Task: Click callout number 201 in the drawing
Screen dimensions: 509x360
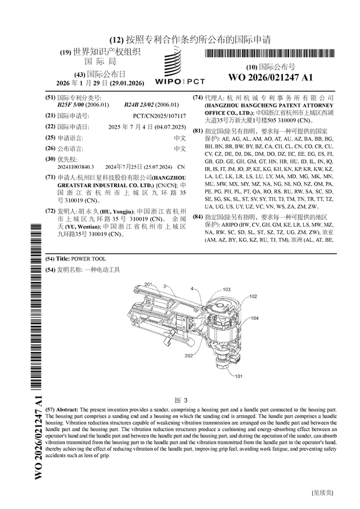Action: pyautogui.click(x=148, y=285)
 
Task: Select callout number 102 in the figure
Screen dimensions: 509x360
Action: pyautogui.click(x=253, y=296)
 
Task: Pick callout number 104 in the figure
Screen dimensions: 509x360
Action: pyautogui.click(x=254, y=318)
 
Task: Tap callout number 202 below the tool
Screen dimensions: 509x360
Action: pyautogui.click(x=188, y=355)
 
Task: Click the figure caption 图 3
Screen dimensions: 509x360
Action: pyautogui.click(x=180, y=400)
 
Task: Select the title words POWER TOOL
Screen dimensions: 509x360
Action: pyautogui.click(x=88, y=259)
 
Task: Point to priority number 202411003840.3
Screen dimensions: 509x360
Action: pyautogui.click(x=76, y=167)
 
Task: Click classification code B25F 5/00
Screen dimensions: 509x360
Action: pyautogui.click(x=70, y=105)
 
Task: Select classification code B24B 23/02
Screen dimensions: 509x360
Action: pyautogui.click(x=138, y=105)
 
